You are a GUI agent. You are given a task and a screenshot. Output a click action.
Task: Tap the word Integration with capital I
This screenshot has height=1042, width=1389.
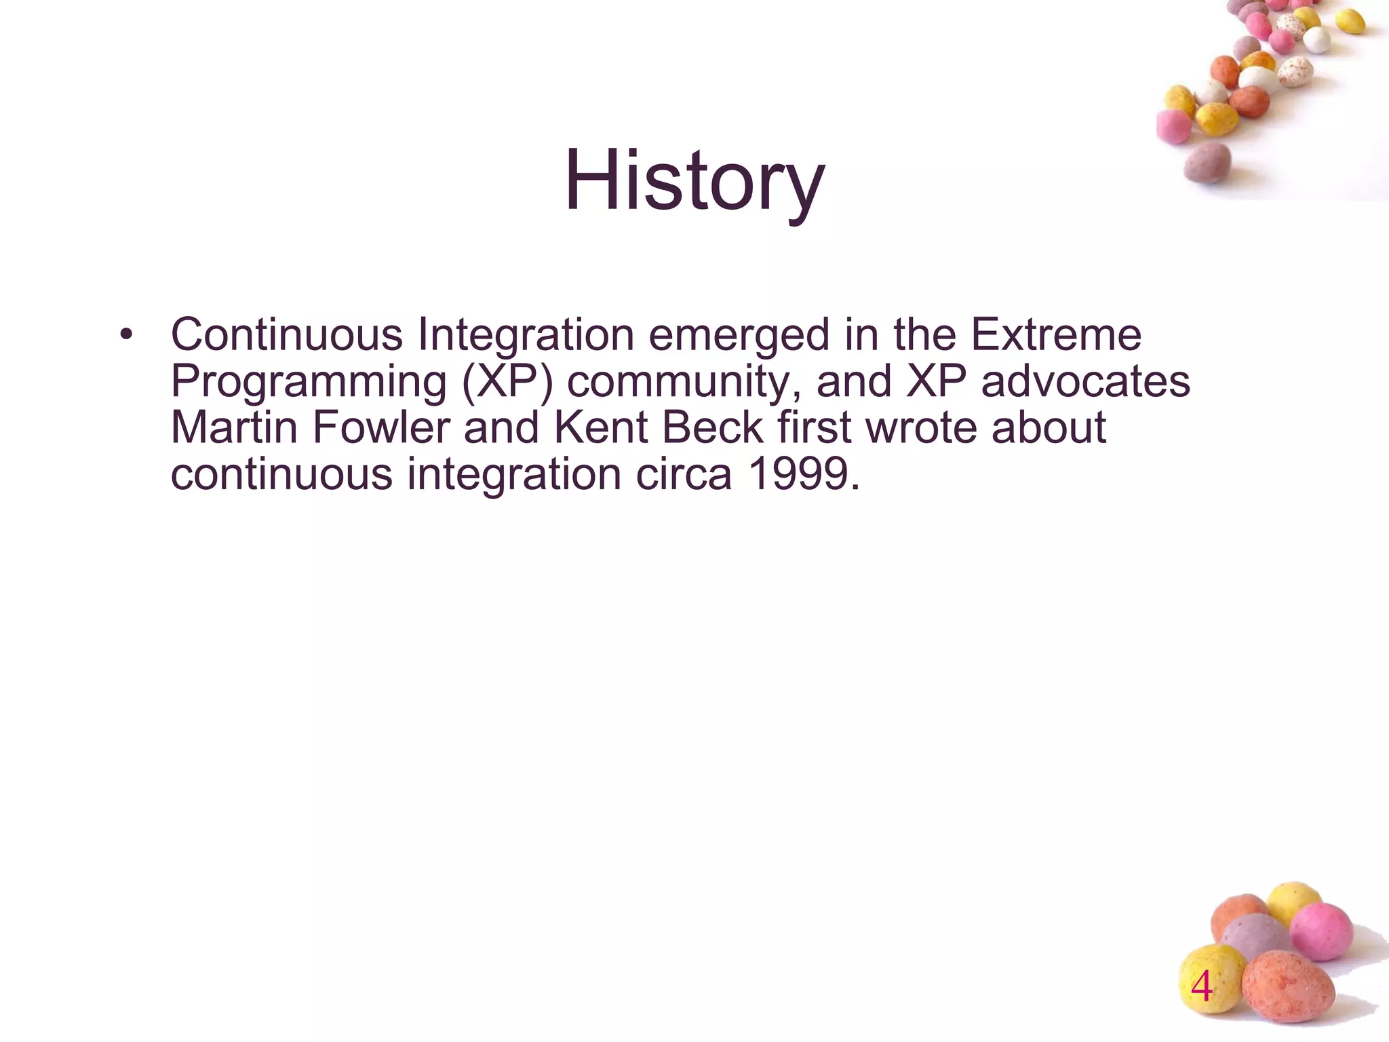click(526, 336)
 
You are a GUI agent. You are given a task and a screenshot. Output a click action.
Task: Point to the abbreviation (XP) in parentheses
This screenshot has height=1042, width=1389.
click(507, 382)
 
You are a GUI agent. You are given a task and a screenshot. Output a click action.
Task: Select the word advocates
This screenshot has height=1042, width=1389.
click(1085, 381)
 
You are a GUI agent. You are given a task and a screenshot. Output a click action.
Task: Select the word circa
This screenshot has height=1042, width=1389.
click(684, 474)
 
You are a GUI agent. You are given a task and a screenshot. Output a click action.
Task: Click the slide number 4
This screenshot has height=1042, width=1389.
click(1201, 987)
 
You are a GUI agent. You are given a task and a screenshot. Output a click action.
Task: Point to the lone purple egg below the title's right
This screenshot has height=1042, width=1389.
click(1207, 163)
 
